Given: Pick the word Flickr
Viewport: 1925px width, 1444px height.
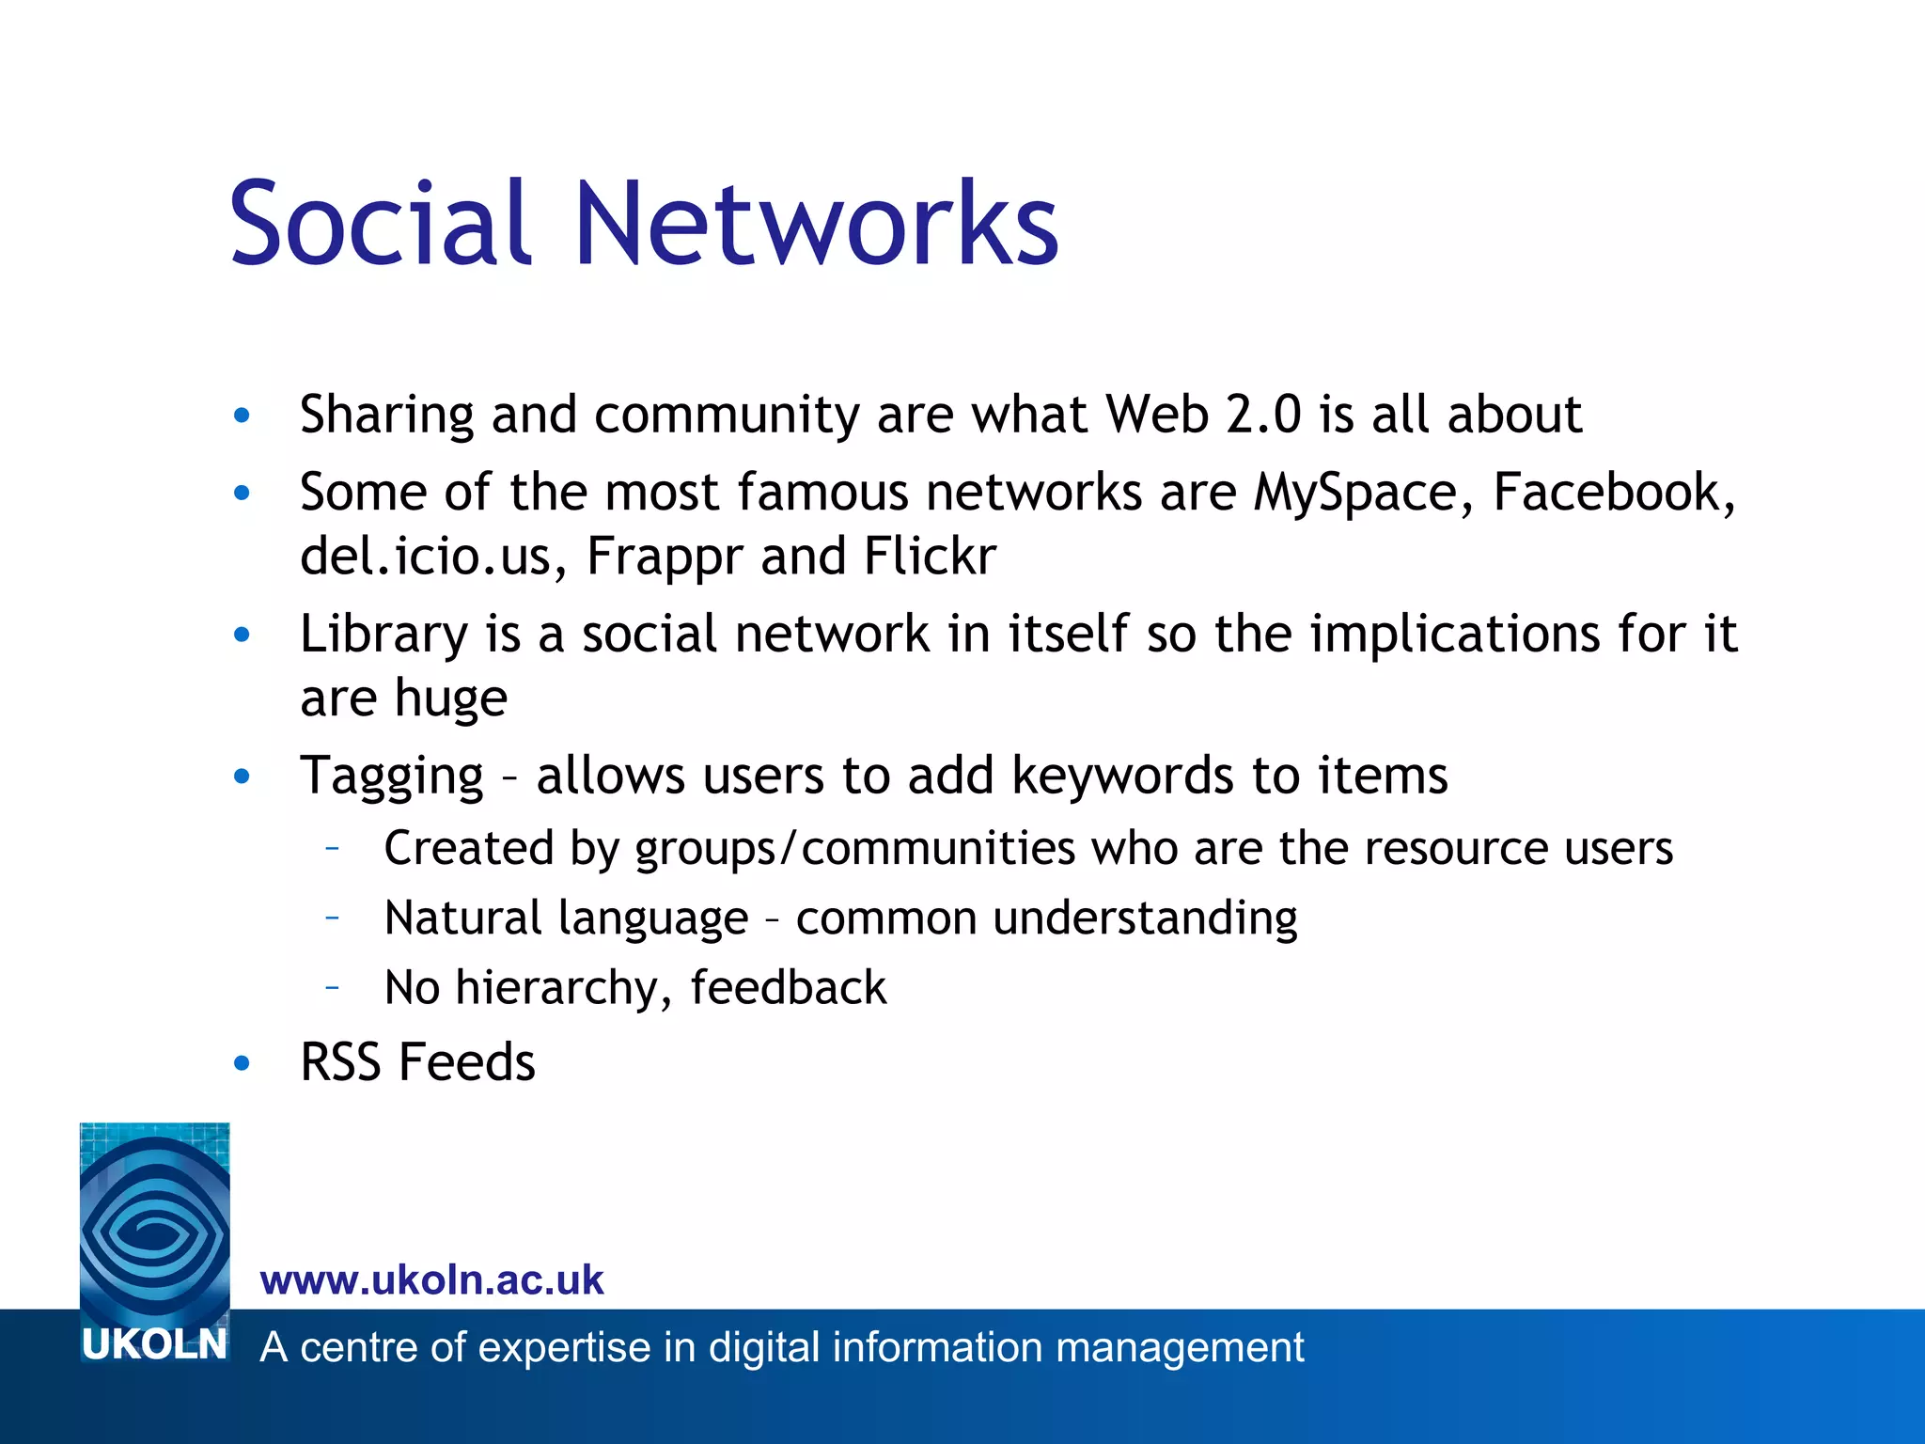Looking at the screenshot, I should (x=929, y=556).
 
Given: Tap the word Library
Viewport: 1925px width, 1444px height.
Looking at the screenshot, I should (x=383, y=635).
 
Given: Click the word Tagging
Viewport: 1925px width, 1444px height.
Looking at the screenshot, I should (x=391, y=777).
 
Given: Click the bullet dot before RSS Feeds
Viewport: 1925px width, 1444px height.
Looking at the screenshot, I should (x=243, y=1063).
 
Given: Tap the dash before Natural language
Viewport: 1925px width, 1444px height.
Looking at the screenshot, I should (x=332, y=918).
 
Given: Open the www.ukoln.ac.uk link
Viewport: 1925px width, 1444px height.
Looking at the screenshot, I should (x=431, y=1280).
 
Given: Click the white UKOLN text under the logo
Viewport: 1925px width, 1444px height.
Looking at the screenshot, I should (x=154, y=1345).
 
